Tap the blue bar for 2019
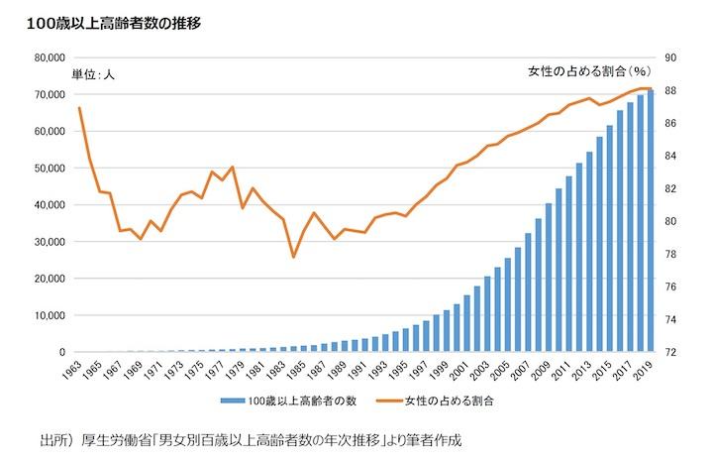click(x=651, y=221)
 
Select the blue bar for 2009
click(x=548, y=278)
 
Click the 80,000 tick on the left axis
click(x=48, y=58)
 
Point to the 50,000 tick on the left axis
click(x=48, y=168)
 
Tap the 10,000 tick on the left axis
click(x=48, y=315)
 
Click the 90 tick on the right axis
click(x=670, y=58)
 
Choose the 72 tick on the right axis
click(x=670, y=352)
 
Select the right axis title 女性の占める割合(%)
click(x=587, y=72)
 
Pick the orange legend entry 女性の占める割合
click(x=446, y=402)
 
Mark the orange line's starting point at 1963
click(x=79, y=107)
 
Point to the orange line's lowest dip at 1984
click(x=294, y=257)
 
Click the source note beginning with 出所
click(x=252, y=438)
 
